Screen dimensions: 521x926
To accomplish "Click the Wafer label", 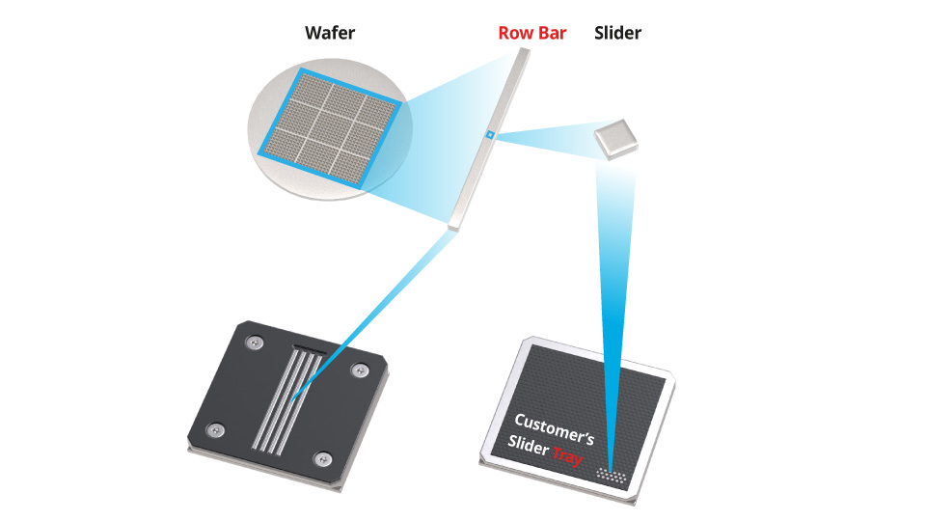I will (x=331, y=33).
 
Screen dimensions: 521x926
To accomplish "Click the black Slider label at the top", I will (x=618, y=33).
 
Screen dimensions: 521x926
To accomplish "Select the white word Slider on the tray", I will (x=529, y=445).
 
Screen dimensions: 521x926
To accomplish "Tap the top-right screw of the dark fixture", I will (x=361, y=369).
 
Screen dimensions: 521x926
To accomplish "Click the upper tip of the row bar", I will (x=522, y=54).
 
